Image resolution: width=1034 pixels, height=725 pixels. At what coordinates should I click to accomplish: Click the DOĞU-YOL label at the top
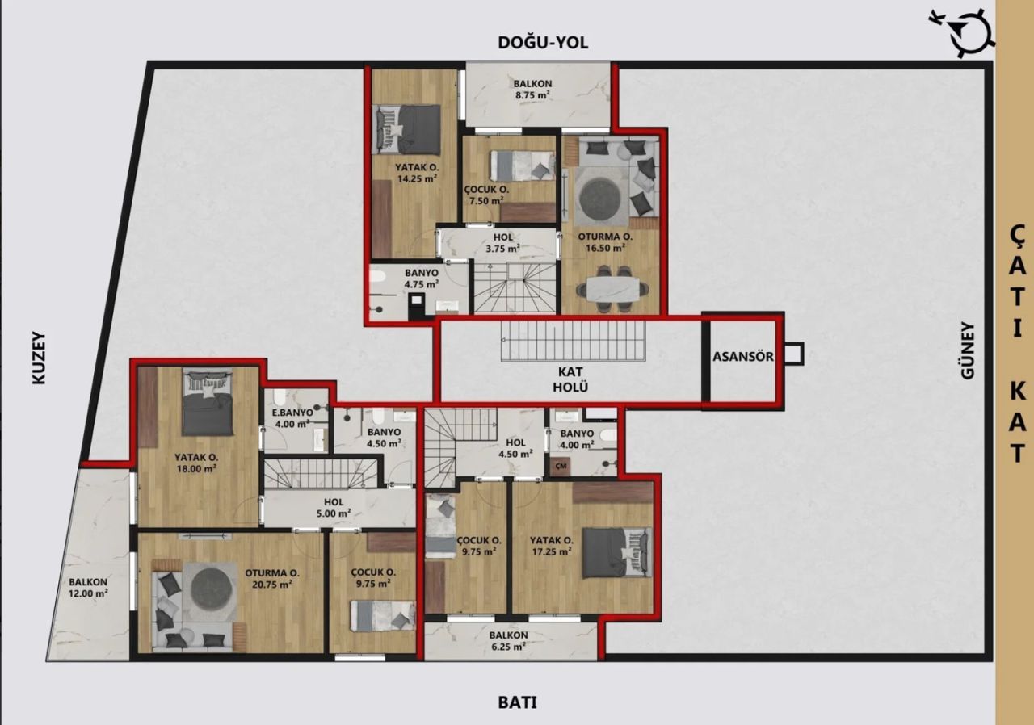coord(542,43)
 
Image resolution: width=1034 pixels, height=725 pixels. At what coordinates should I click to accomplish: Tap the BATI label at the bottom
coord(517,702)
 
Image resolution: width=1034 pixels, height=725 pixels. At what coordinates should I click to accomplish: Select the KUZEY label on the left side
coord(38,358)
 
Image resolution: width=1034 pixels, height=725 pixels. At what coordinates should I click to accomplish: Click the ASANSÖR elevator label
coord(743,356)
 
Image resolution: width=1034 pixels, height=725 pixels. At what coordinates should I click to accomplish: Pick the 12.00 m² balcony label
coord(88,587)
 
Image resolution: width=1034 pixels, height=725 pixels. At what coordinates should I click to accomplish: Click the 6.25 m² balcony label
coord(508,640)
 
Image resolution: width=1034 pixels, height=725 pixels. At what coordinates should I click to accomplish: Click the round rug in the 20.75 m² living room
coord(212,590)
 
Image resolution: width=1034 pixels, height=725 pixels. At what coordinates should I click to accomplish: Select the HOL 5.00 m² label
coord(333,507)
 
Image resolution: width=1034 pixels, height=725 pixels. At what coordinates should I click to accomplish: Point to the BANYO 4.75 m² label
coord(421,279)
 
